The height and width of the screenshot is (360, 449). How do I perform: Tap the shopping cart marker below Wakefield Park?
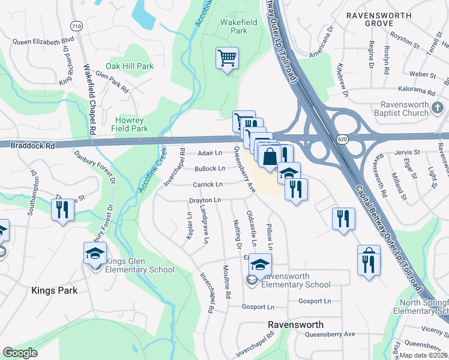click(228, 59)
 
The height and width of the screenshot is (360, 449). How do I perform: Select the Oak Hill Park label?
click(130, 66)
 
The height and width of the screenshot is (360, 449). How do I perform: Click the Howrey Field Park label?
click(130, 124)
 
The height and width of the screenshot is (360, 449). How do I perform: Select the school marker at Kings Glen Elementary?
click(95, 254)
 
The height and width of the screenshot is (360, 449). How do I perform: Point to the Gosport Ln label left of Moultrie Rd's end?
click(258, 307)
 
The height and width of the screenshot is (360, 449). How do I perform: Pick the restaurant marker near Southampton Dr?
click(62, 211)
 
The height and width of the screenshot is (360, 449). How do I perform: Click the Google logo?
click(20, 352)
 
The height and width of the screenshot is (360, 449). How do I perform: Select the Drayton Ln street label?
click(205, 200)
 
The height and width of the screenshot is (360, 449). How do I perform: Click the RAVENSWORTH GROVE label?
click(379, 18)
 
